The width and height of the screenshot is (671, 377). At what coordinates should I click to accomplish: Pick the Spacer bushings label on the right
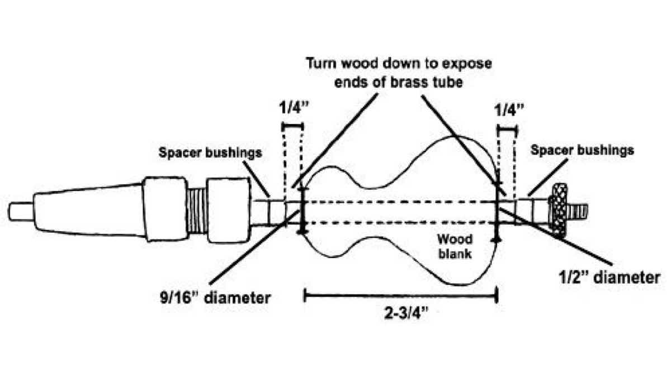coord(582,150)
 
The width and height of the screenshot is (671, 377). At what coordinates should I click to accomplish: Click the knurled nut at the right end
coord(559,207)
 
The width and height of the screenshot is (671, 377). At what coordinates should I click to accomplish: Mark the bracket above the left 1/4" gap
coord(292,127)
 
